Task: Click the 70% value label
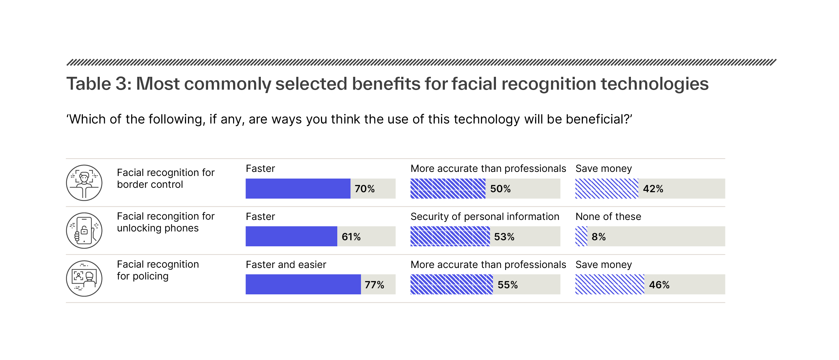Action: coord(364,189)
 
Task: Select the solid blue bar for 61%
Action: coord(291,236)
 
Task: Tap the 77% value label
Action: coord(374,285)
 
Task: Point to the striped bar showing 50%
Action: coord(448,188)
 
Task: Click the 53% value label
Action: coord(504,237)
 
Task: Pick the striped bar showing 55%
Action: coord(451,284)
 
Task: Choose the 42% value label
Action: coord(653,189)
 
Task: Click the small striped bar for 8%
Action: coord(581,236)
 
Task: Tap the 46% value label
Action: coord(659,285)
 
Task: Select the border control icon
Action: coord(84,183)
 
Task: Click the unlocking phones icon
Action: coord(84,231)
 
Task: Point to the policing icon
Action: coord(84,278)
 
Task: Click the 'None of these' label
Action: coord(608,217)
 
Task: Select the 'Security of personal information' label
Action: coord(485,217)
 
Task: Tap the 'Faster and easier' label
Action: coord(286,265)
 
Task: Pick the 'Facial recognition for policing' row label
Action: coord(158,270)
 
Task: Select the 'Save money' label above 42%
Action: coord(604,168)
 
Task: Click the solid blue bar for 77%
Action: coord(303,284)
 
